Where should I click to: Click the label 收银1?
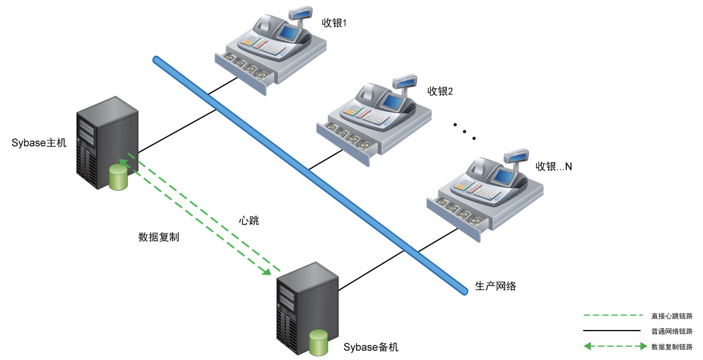pos(334,23)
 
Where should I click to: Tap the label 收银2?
pos(440,91)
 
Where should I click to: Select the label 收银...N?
pos(554,166)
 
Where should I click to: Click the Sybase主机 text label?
pos(39,143)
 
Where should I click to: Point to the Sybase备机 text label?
pos(371,347)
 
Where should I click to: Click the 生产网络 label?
pos(495,286)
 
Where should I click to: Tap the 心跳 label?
pos(249,220)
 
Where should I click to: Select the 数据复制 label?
pos(159,237)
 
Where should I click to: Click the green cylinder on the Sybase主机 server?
pos(118,177)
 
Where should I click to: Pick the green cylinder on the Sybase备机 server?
pos(318,343)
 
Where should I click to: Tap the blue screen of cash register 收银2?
pos(393,102)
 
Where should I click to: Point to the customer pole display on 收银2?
pos(405,81)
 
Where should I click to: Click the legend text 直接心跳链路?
pos(672,316)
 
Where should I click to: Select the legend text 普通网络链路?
pos(672,331)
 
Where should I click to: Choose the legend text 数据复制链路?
pos(672,347)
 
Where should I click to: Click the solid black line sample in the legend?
pos(612,331)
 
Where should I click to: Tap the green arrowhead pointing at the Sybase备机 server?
pos(266,271)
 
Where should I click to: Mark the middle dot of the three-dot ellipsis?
pos(464,132)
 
